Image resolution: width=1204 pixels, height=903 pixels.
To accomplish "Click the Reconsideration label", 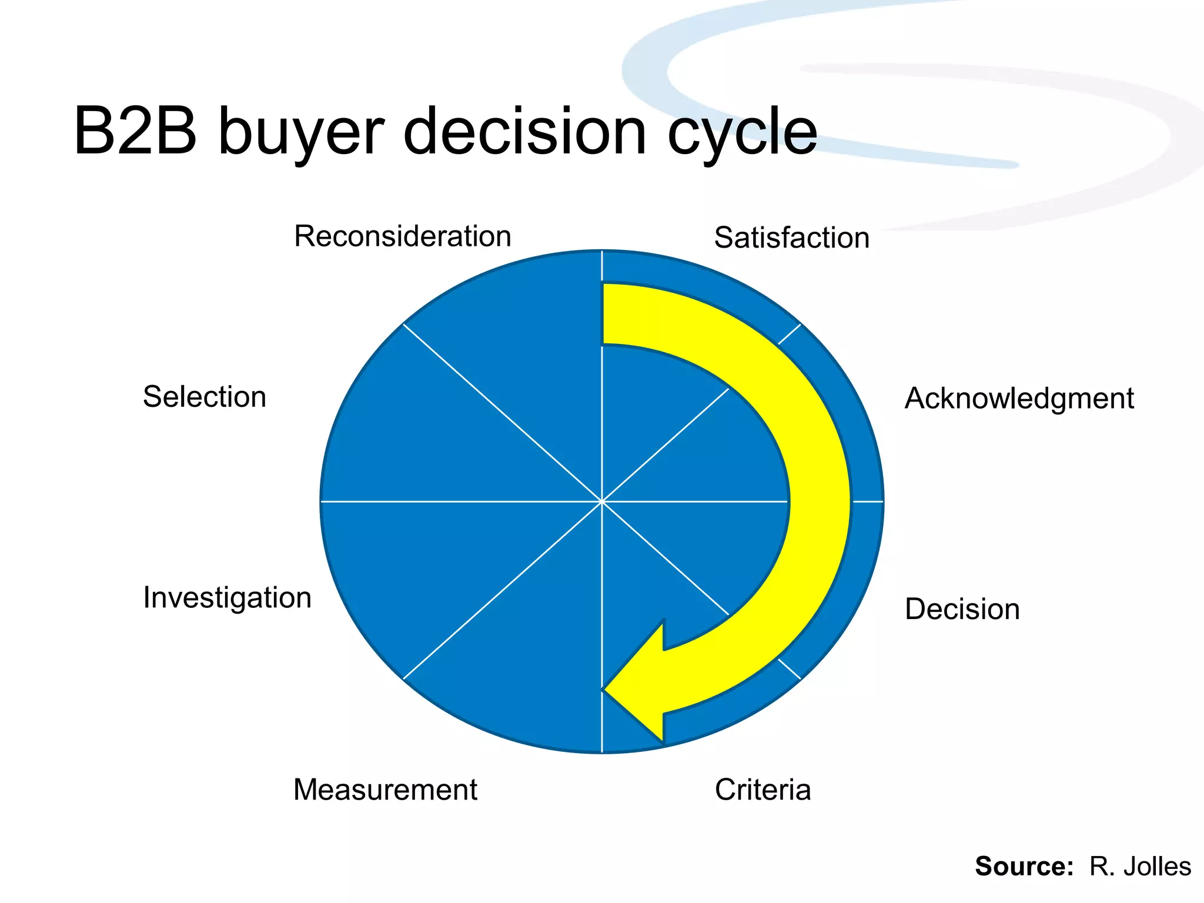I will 402,236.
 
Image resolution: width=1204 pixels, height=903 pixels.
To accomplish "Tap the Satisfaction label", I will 791,238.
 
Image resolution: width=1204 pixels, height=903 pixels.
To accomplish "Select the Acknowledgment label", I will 1019,399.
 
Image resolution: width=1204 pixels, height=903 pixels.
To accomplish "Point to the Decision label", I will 962,609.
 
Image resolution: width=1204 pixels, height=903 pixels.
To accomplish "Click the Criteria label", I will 762,790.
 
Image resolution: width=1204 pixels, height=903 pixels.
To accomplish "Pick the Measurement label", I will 385,790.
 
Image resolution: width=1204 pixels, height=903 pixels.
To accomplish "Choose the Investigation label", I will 227,598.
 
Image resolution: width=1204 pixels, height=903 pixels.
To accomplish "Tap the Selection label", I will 204,397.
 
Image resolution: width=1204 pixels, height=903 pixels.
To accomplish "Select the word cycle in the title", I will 742,132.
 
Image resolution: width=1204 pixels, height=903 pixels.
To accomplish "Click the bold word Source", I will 1024,867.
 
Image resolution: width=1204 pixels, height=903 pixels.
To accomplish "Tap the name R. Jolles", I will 1140,867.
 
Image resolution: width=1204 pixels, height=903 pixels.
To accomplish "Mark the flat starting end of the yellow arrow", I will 604,315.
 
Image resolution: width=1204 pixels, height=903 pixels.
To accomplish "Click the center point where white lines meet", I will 602,501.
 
